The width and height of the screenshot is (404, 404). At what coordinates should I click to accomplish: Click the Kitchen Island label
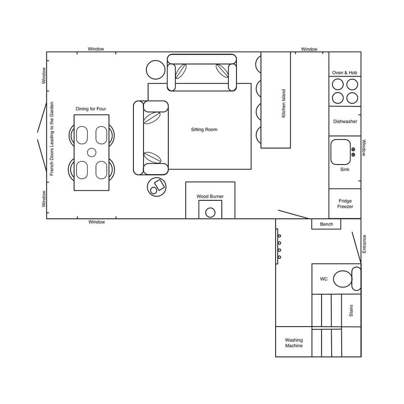click(284, 103)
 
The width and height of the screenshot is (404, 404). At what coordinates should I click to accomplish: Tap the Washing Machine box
click(294, 343)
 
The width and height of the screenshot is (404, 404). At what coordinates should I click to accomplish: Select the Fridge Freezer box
click(345, 204)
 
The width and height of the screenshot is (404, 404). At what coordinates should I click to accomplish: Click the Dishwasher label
click(345, 121)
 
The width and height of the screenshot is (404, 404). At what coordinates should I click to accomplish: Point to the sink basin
click(340, 152)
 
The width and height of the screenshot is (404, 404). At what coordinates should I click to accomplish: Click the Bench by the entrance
click(326, 224)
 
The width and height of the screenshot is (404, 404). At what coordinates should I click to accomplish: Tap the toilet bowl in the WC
click(343, 279)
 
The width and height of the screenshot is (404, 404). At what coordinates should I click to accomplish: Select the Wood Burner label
click(210, 197)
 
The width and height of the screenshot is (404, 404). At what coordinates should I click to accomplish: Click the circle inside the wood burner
click(210, 213)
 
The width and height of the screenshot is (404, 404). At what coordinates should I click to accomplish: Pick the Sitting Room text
click(204, 130)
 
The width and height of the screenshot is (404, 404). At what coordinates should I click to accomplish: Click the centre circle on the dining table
click(92, 152)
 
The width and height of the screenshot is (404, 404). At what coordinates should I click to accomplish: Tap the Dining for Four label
click(91, 109)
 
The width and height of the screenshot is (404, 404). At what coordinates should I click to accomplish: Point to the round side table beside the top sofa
click(156, 70)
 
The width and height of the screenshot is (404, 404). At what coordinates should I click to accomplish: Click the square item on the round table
click(159, 184)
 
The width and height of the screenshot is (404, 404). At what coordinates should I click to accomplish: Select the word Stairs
click(351, 311)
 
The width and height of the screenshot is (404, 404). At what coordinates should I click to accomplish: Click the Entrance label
click(364, 244)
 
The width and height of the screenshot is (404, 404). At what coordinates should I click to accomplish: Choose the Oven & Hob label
click(345, 73)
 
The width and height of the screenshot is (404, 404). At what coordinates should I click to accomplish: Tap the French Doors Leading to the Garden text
click(52, 138)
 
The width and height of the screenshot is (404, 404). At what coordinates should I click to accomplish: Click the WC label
click(324, 279)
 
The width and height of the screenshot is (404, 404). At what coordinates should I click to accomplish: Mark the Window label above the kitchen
click(309, 49)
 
